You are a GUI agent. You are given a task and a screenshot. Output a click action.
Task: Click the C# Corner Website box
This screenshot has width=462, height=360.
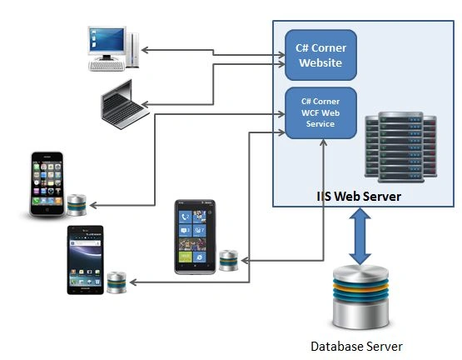point(320,55)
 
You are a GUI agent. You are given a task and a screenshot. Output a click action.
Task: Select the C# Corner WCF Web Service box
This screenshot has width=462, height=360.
point(320,112)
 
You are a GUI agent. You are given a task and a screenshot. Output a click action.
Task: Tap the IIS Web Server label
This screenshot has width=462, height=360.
point(359,197)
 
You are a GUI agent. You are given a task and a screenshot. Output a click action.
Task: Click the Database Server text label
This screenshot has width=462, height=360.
point(356,347)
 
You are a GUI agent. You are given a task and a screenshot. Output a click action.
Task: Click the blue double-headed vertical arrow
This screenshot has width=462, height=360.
point(360,236)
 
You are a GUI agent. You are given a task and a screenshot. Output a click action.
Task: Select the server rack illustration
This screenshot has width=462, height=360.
point(400,147)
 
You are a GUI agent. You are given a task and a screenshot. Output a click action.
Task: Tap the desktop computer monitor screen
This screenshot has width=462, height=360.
point(107,40)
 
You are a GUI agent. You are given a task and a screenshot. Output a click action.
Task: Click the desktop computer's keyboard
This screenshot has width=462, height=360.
point(107,66)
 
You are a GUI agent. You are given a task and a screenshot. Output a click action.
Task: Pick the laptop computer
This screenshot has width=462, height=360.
point(124,105)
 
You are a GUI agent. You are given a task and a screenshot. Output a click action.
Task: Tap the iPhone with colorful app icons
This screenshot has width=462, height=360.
point(47,183)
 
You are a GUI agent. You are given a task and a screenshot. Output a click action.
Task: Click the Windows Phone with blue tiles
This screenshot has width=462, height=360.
point(195,237)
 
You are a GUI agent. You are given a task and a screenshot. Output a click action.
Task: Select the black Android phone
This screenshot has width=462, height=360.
point(86,260)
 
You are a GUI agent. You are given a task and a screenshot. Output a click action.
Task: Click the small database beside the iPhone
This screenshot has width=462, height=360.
point(77,205)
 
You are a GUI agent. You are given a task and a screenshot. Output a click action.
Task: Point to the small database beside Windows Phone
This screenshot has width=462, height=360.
point(229,260)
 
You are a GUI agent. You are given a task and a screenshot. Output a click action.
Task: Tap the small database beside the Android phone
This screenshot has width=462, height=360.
point(117,282)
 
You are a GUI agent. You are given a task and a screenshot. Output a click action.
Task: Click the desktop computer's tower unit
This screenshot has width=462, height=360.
point(132,50)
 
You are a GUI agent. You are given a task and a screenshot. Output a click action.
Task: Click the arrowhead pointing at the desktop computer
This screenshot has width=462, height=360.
point(145,50)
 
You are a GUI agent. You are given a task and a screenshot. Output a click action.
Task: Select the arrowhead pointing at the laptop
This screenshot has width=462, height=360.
point(145,104)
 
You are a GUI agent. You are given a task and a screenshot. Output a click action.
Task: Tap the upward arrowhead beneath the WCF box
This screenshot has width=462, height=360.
point(324,142)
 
